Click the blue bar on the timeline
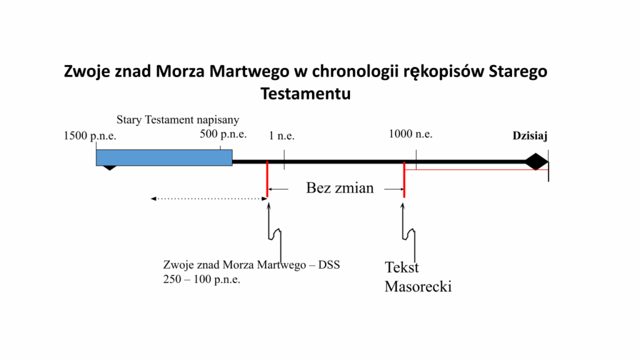coord(164,157)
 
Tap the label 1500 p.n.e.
coord(90,136)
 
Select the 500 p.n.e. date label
coord(223,134)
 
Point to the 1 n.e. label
coord(282,136)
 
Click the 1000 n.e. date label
coord(410,134)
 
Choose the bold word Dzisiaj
coord(530,136)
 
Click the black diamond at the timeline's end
coord(536,162)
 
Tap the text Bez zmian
coord(340,187)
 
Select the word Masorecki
coord(418,286)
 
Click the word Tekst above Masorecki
coord(402,267)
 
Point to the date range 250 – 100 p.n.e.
coord(202,279)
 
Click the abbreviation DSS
coord(329,265)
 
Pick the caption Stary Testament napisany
coord(177,119)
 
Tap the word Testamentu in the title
coord(306,94)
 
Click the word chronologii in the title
coord(355,71)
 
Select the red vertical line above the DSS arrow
coord(267,179)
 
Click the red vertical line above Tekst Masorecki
coord(404,179)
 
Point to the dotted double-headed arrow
coord(209,199)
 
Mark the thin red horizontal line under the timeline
coord(476,169)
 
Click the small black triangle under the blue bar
coord(109,167)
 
